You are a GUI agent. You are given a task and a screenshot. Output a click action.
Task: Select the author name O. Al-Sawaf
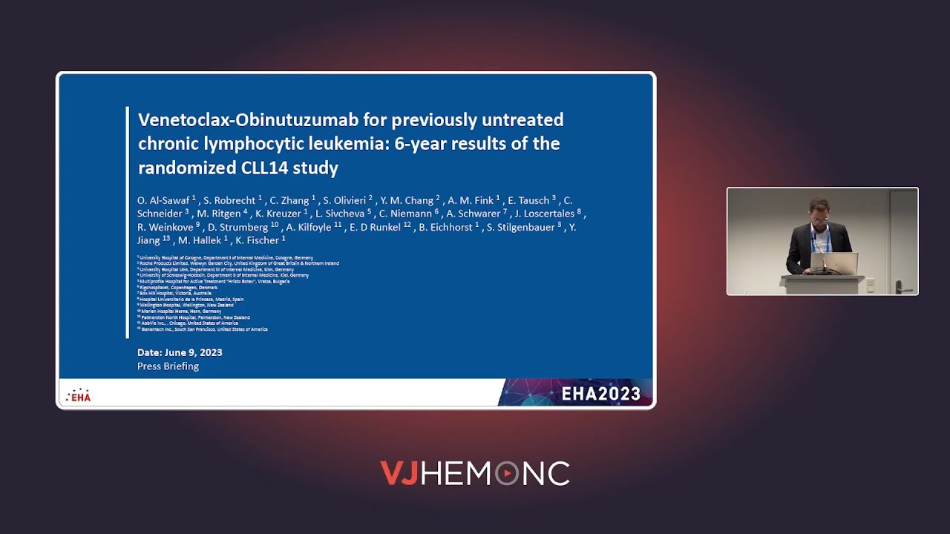[164, 200]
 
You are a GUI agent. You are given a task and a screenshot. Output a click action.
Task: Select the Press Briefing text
[168, 366]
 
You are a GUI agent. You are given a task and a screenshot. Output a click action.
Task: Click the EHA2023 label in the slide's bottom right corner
[600, 394]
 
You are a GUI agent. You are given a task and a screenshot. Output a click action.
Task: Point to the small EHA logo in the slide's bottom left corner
[78, 395]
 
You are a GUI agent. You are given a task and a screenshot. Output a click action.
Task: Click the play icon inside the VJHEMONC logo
[507, 473]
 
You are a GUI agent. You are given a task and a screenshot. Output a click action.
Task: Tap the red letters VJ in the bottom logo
[399, 473]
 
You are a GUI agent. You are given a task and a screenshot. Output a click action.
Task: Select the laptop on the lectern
[834, 263]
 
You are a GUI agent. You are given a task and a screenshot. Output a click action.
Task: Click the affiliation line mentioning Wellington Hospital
[186, 305]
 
